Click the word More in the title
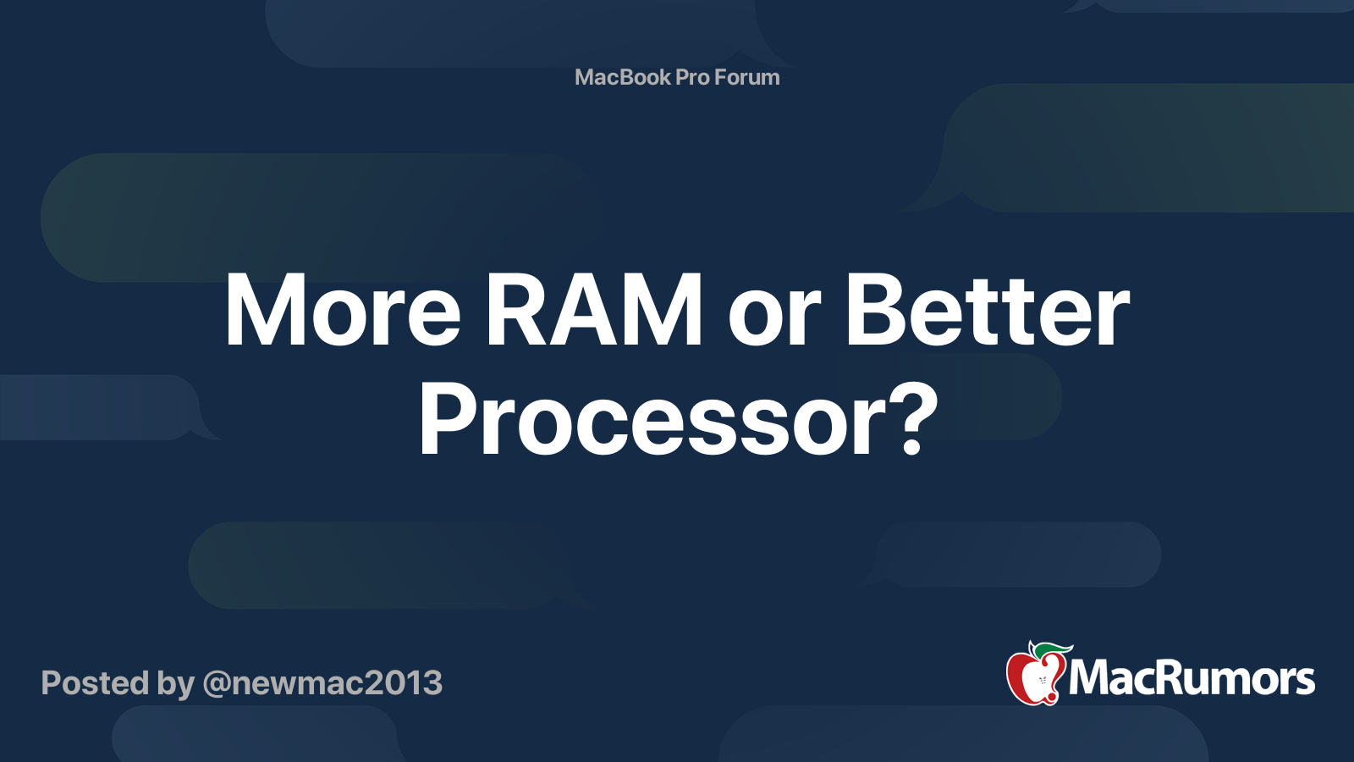[x=343, y=312]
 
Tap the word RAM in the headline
[x=593, y=312]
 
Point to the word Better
[x=987, y=312]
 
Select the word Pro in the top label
[x=692, y=77]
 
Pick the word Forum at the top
[x=747, y=77]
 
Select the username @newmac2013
[x=322, y=683]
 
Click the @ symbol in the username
[x=216, y=684]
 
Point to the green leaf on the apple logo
[x=1054, y=649]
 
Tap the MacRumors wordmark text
[x=1192, y=678]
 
